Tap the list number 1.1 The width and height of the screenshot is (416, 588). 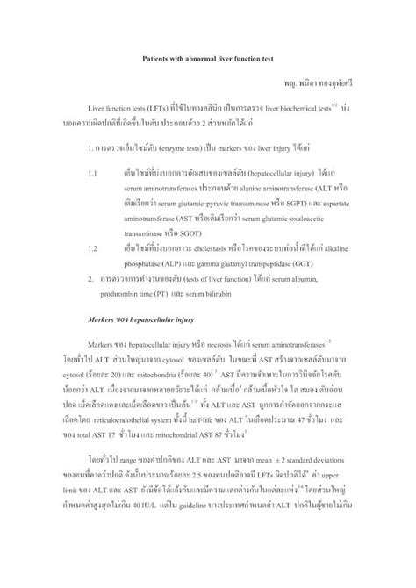coord(92,175)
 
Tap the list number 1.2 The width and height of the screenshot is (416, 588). coord(92,248)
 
